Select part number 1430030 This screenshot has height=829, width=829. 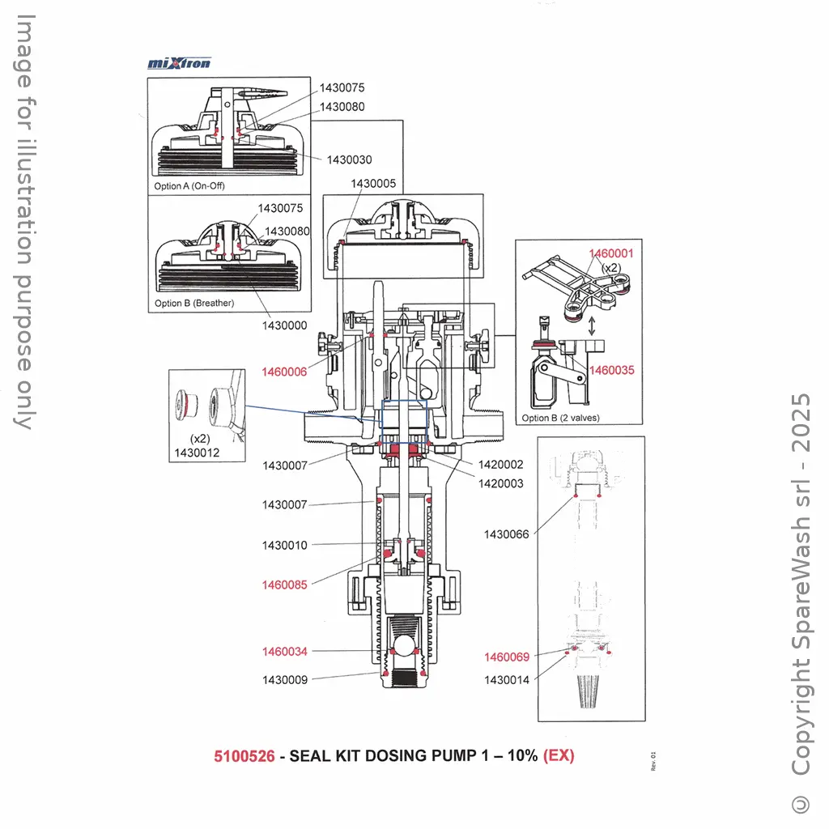click(x=350, y=160)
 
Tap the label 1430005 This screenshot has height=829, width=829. click(x=373, y=184)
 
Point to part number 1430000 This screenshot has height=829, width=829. click(x=284, y=325)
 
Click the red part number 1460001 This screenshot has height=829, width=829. click(x=611, y=253)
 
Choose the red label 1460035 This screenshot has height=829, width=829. click(x=611, y=371)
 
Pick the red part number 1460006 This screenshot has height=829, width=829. click(x=284, y=372)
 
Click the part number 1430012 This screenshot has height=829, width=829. click(x=197, y=453)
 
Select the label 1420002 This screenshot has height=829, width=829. click(x=500, y=465)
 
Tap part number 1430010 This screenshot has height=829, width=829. click(x=284, y=546)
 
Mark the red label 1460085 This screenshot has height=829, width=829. click(x=284, y=585)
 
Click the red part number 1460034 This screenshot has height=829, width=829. click(x=284, y=652)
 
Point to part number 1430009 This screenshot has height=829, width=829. click(x=284, y=680)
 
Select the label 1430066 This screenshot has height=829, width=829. click(x=506, y=534)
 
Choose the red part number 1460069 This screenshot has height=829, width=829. click(x=507, y=657)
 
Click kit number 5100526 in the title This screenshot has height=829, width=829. click(x=244, y=756)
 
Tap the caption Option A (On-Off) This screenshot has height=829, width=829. click(x=189, y=186)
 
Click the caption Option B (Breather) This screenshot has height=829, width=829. click(x=193, y=304)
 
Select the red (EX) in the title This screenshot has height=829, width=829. click(x=559, y=756)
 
